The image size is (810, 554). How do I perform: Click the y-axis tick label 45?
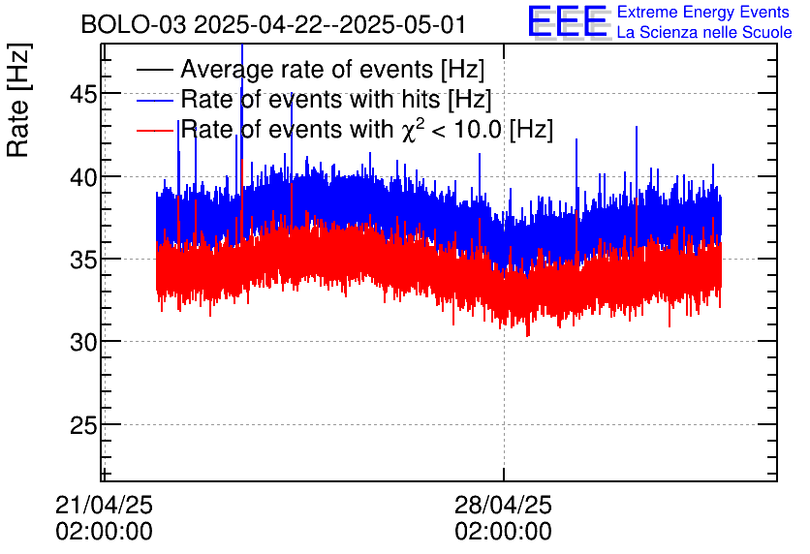[x=83, y=95]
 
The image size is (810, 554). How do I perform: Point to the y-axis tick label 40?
[x=83, y=178]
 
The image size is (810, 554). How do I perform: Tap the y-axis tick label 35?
[x=83, y=261]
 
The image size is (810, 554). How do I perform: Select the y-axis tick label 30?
[x=83, y=342]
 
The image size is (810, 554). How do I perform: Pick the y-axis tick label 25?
[x=83, y=425]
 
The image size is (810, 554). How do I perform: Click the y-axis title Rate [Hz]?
[x=18, y=100]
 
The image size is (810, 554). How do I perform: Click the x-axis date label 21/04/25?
[x=104, y=505]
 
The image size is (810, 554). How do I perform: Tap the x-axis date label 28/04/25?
[x=503, y=505]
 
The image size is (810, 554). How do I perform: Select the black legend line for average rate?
[x=154, y=70]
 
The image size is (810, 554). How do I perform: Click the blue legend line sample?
[x=154, y=100]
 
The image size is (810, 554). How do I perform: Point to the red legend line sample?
[x=154, y=130]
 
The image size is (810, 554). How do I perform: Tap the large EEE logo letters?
[x=567, y=21]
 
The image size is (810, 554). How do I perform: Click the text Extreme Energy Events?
[x=703, y=12]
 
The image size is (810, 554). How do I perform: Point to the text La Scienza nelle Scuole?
[x=704, y=33]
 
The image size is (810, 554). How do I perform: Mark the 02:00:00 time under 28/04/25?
[x=503, y=532]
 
